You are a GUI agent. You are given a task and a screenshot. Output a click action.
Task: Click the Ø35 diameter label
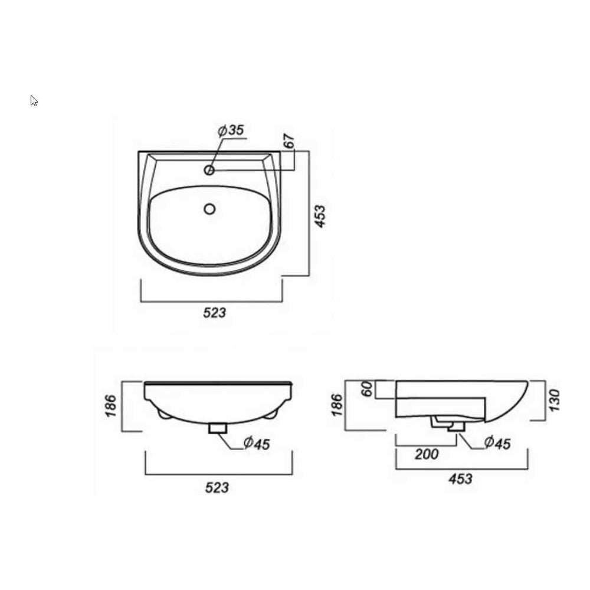(x=231, y=130)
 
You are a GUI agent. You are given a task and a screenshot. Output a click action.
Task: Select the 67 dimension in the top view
(x=289, y=141)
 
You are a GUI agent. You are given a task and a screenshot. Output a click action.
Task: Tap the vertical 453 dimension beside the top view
(x=320, y=216)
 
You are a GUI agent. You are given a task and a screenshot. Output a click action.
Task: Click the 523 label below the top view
(x=215, y=313)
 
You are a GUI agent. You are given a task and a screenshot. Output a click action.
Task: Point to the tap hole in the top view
(x=209, y=171)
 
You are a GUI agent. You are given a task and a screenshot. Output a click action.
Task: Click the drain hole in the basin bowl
(x=209, y=209)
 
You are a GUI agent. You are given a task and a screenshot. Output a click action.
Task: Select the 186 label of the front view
(x=111, y=406)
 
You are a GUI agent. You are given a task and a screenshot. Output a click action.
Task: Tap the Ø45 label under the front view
(x=257, y=443)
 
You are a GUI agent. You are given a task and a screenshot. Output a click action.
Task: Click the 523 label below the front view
(x=217, y=488)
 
